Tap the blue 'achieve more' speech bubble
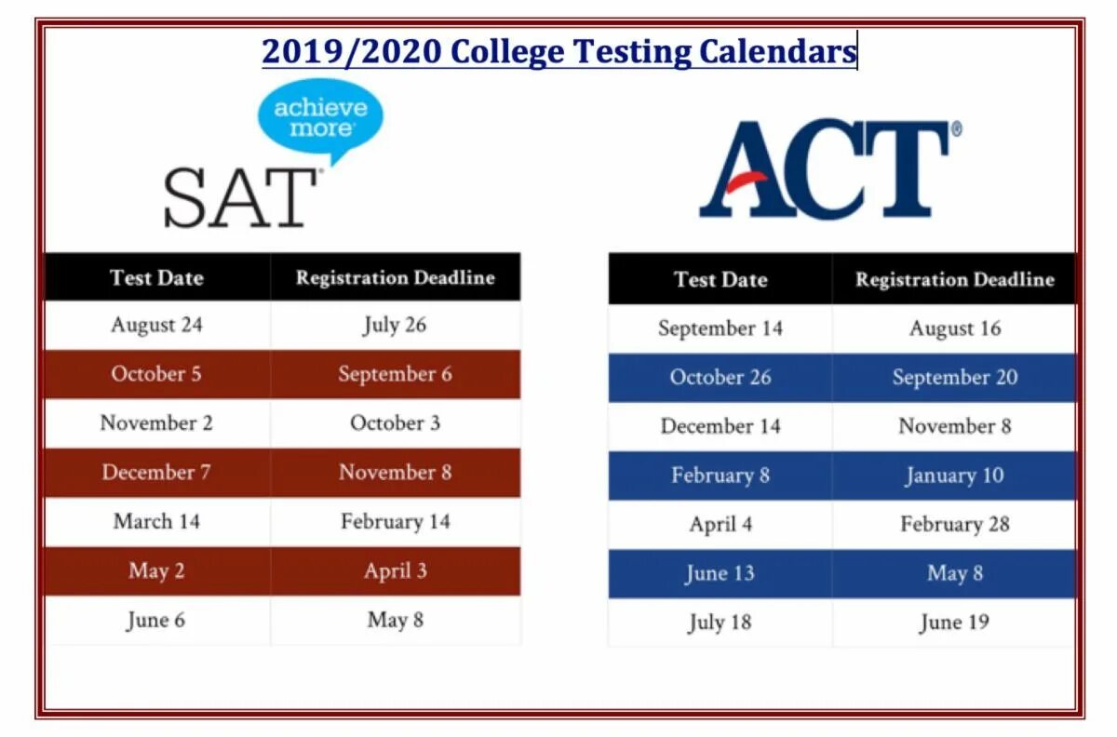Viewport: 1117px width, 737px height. tap(319, 116)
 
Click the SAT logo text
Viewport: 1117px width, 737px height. tap(240, 197)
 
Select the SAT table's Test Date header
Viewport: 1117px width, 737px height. tap(156, 277)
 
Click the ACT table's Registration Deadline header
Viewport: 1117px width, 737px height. tap(954, 279)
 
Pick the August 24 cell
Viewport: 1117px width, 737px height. tap(156, 325)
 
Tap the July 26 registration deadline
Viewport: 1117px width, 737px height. tap(395, 325)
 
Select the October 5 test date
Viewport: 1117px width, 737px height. tap(156, 374)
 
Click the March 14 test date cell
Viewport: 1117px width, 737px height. tap(156, 521)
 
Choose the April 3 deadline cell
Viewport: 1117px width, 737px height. tap(395, 570)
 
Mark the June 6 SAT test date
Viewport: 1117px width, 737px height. tap(156, 620)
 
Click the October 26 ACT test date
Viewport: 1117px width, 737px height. tap(720, 378)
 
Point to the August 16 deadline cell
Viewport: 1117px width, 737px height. tap(954, 328)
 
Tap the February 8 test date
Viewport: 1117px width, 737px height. tap(720, 476)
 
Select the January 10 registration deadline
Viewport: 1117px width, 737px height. tap(954, 476)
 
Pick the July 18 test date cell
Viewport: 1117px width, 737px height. tap(720, 623)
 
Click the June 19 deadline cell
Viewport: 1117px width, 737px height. tap(954, 623)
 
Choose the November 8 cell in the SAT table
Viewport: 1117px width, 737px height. tap(395, 472)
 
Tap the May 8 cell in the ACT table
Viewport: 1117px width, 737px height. tap(954, 573)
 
